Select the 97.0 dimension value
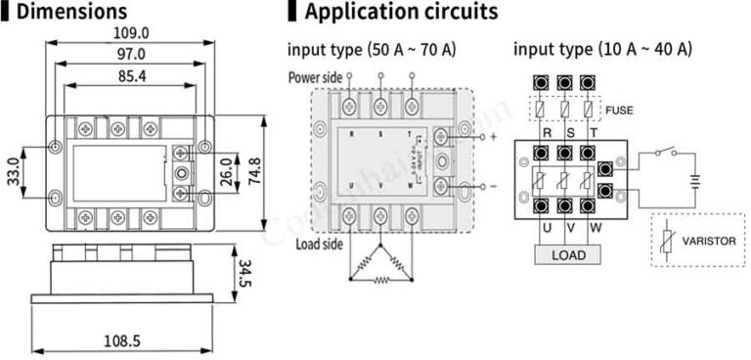coord(129,55)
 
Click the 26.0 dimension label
coord(226,167)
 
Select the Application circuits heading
coord(401,12)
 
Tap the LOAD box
coord(568,255)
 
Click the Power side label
coord(315,77)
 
